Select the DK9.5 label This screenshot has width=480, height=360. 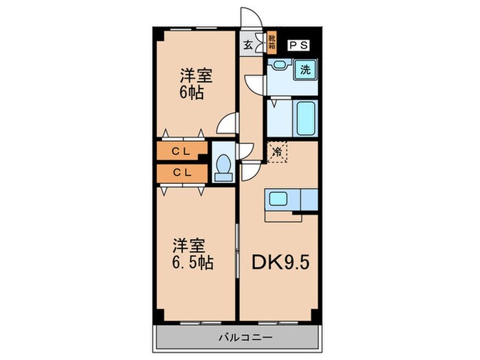(280, 262)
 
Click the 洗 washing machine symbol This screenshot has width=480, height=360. (306, 69)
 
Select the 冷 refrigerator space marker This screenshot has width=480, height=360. (277, 150)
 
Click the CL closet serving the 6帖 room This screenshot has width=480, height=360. (181, 150)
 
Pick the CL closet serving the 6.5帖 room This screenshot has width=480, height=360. (181, 173)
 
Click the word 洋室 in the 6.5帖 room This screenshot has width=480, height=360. (186, 244)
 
